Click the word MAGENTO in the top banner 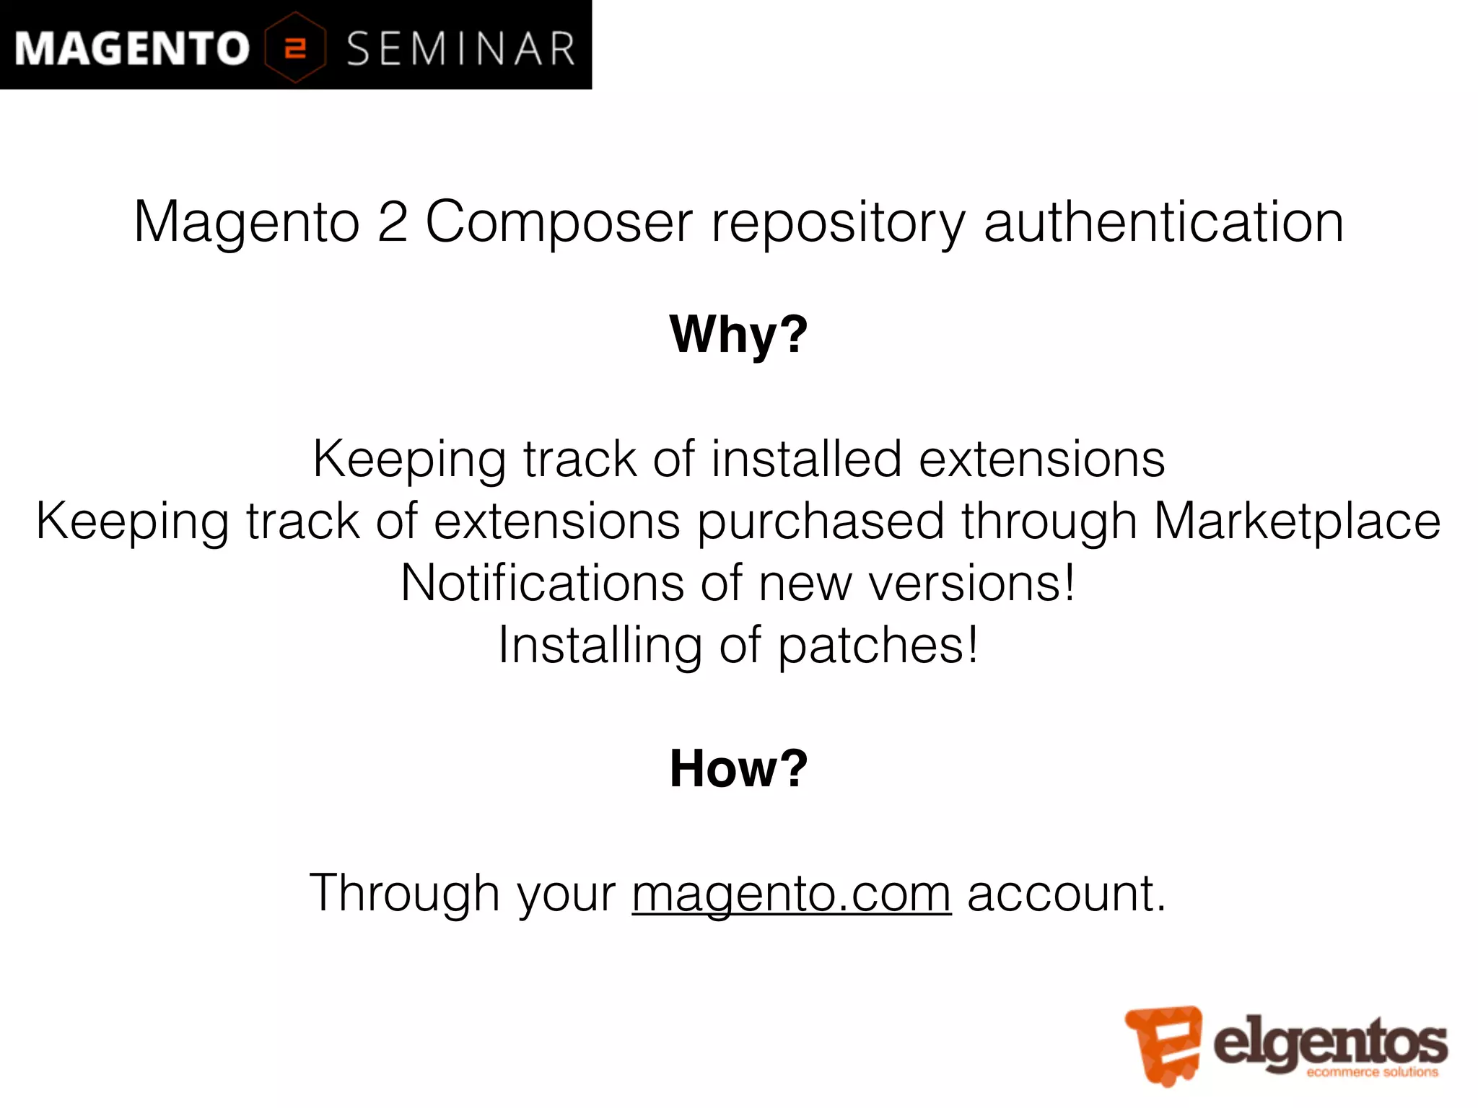tap(132, 48)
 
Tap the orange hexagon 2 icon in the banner tap(295, 48)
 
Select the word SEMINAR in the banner tap(461, 49)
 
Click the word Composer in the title tap(559, 221)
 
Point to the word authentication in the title tap(1163, 221)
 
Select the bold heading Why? tap(739, 335)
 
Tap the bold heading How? tap(739, 768)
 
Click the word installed tap(806, 459)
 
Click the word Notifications tap(542, 583)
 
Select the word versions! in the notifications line tap(971, 583)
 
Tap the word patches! tap(878, 646)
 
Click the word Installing tap(600, 646)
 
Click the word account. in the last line tap(1067, 893)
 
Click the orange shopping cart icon tap(1163, 1044)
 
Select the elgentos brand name tap(1330, 1041)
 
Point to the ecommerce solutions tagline tap(1372, 1072)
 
